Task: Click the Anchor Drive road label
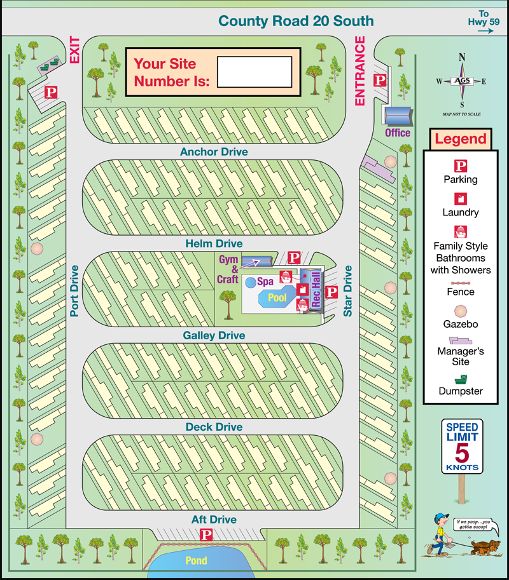pos(214,152)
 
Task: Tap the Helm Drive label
pos(214,243)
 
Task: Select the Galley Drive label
pos(214,335)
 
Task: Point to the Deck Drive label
pos(214,428)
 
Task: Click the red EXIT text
pos(74,50)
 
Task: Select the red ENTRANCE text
pos(360,71)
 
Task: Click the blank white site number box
pos(254,72)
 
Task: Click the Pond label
pos(196,561)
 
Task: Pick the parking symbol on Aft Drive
pos(206,535)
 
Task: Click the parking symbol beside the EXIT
pos(51,93)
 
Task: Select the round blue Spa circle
pos(251,281)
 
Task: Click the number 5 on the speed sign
pos(461,453)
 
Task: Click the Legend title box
pos(461,139)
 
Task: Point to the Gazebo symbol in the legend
pos(461,311)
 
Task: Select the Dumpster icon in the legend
pos(461,379)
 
